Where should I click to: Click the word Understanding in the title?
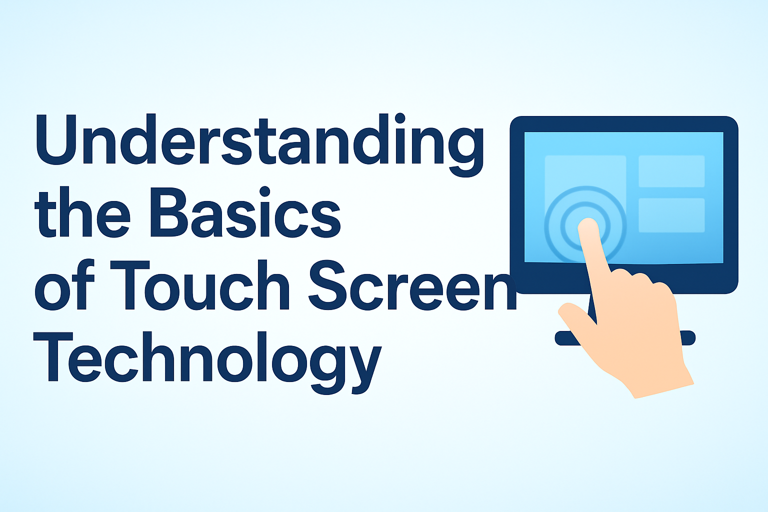click(259, 141)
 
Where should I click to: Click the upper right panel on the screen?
click(671, 171)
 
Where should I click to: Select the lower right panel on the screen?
click(671, 215)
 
